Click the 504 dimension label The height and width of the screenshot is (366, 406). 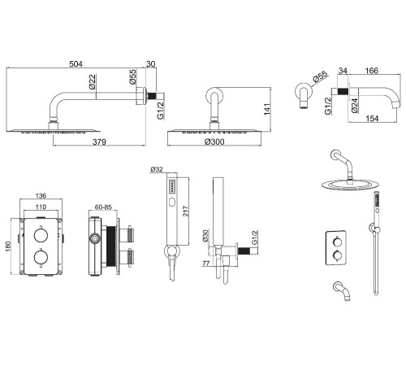76,64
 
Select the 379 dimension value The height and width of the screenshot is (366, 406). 99,142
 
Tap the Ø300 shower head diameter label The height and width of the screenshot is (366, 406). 214,142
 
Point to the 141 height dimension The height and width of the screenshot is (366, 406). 267,109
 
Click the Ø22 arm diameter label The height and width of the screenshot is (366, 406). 92,82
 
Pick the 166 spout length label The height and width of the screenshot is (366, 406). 372,71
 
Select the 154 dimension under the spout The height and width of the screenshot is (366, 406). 372,119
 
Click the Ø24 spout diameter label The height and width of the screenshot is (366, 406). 354,106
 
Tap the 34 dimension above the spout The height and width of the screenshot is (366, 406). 343,71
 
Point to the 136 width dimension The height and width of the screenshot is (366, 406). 41,195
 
